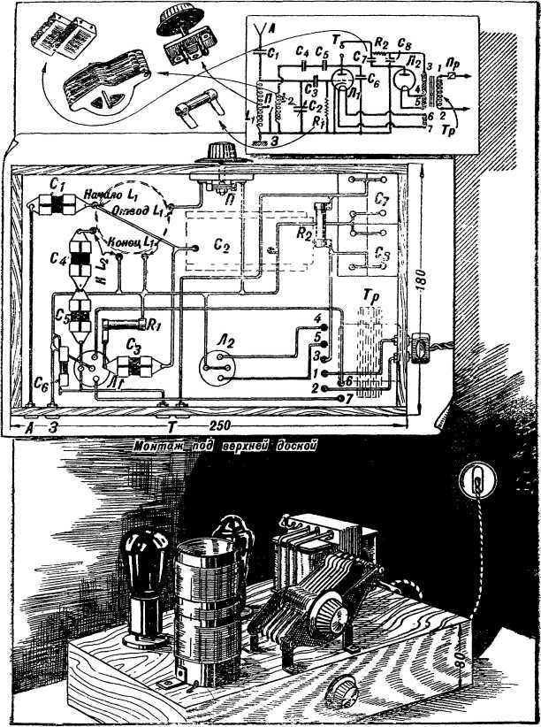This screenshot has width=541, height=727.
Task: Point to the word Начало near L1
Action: pyautogui.click(x=101, y=194)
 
